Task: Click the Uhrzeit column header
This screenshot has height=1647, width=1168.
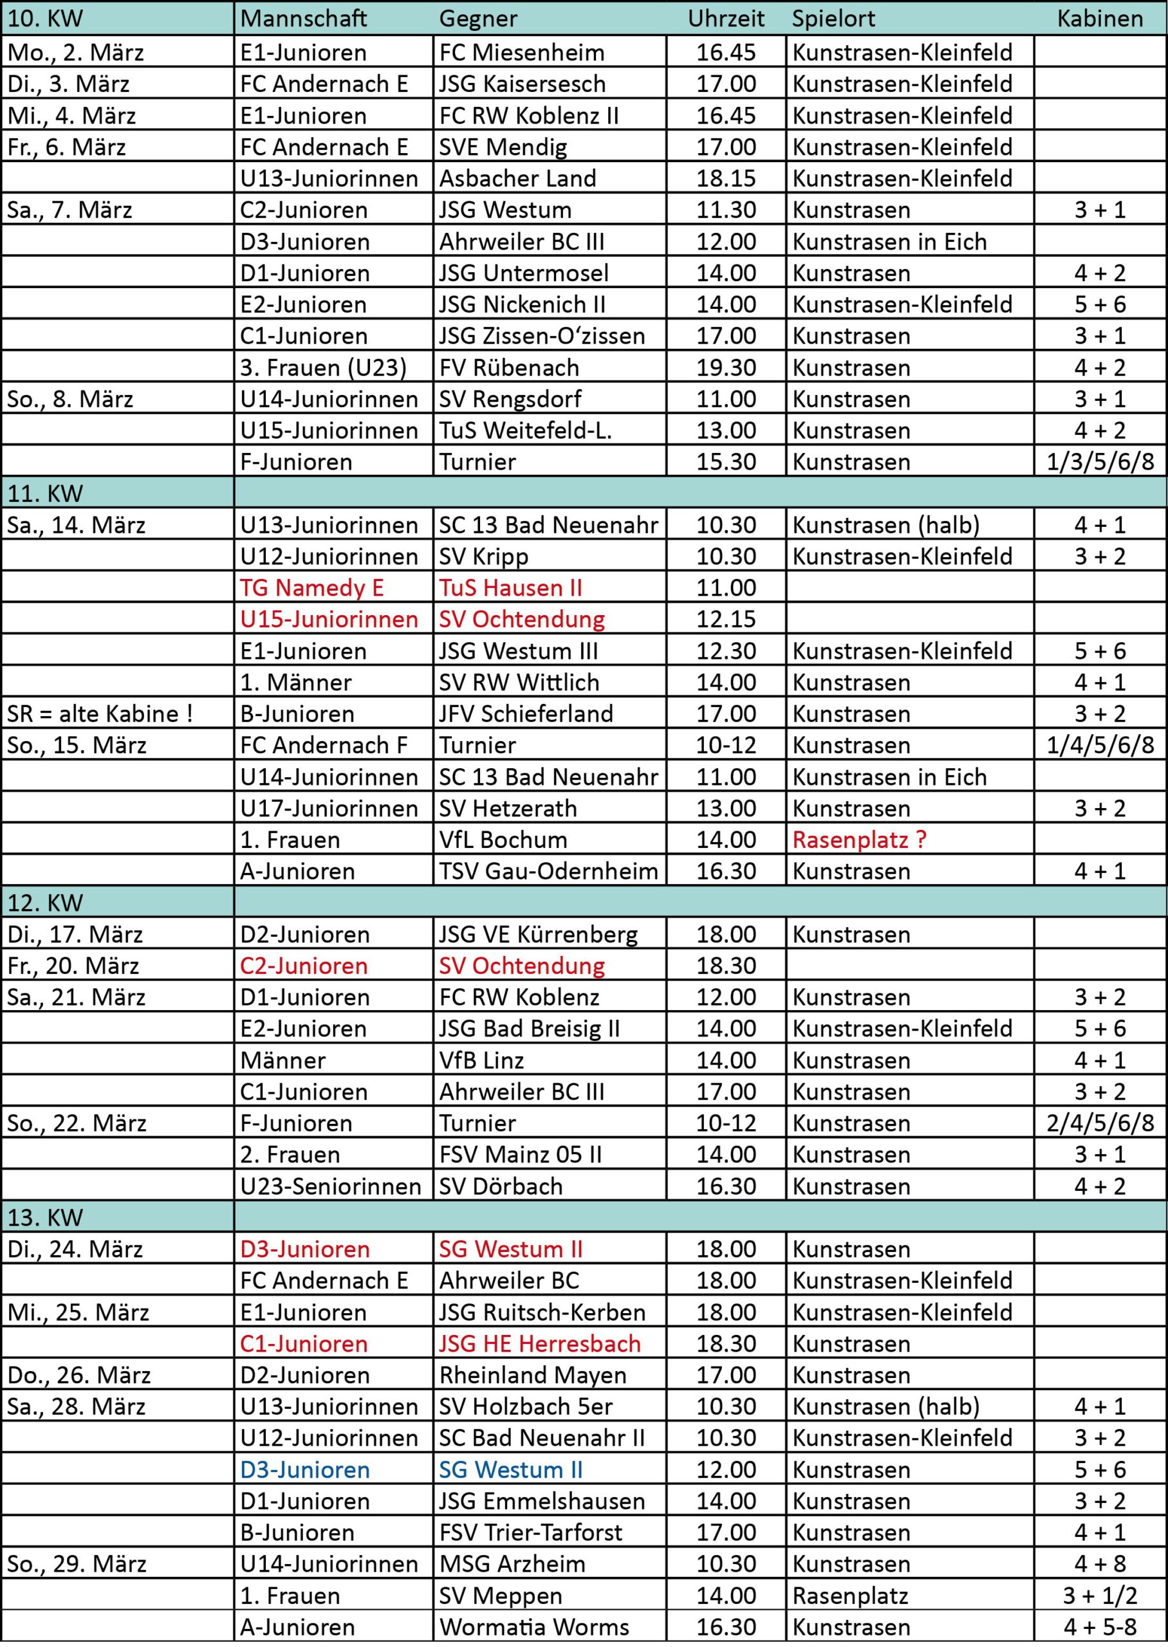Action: (x=726, y=19)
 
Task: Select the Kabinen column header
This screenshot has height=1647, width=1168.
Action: (x=1100, y=19)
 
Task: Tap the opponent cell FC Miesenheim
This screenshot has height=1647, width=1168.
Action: (x=521, y=53)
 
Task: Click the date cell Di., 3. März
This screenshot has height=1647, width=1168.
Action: (x=68, y=84)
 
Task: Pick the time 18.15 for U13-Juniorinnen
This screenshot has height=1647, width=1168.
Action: (x=726, y=178)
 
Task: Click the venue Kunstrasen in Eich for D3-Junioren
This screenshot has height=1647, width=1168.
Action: (x=889, y=241)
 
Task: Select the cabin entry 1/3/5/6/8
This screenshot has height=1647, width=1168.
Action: (x=1100, y=461)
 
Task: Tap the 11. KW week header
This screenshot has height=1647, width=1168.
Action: (x=44, y=493)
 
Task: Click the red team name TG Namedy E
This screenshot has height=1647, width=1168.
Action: (x=311, y=588)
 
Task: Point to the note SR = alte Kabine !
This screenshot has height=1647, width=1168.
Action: (x=100, y=714)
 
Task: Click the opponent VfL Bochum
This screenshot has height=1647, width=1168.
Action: (x=503, y=840)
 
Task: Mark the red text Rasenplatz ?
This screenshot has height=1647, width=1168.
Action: (x=858, y=840)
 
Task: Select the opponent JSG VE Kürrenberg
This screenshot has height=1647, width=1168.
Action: (x=538, y=935)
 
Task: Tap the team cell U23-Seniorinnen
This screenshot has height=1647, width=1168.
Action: (x=331, y=1186)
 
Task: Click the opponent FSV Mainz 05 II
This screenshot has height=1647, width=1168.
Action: (x=520, y=1155)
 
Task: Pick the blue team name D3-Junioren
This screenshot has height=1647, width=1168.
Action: (x=305, y=1470)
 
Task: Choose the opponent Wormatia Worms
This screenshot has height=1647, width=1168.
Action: (x=533, y=1628)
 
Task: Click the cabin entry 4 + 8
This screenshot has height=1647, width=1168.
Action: (x=1100, y=1564)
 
